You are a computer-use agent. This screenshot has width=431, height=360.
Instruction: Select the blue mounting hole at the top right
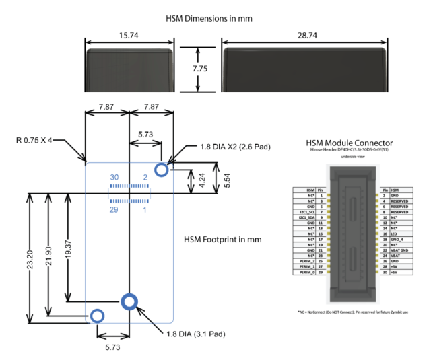[162, 168]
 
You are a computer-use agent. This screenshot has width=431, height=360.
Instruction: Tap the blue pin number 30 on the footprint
[114, 177]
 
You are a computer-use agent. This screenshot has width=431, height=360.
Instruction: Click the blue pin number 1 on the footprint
[145, 211]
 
